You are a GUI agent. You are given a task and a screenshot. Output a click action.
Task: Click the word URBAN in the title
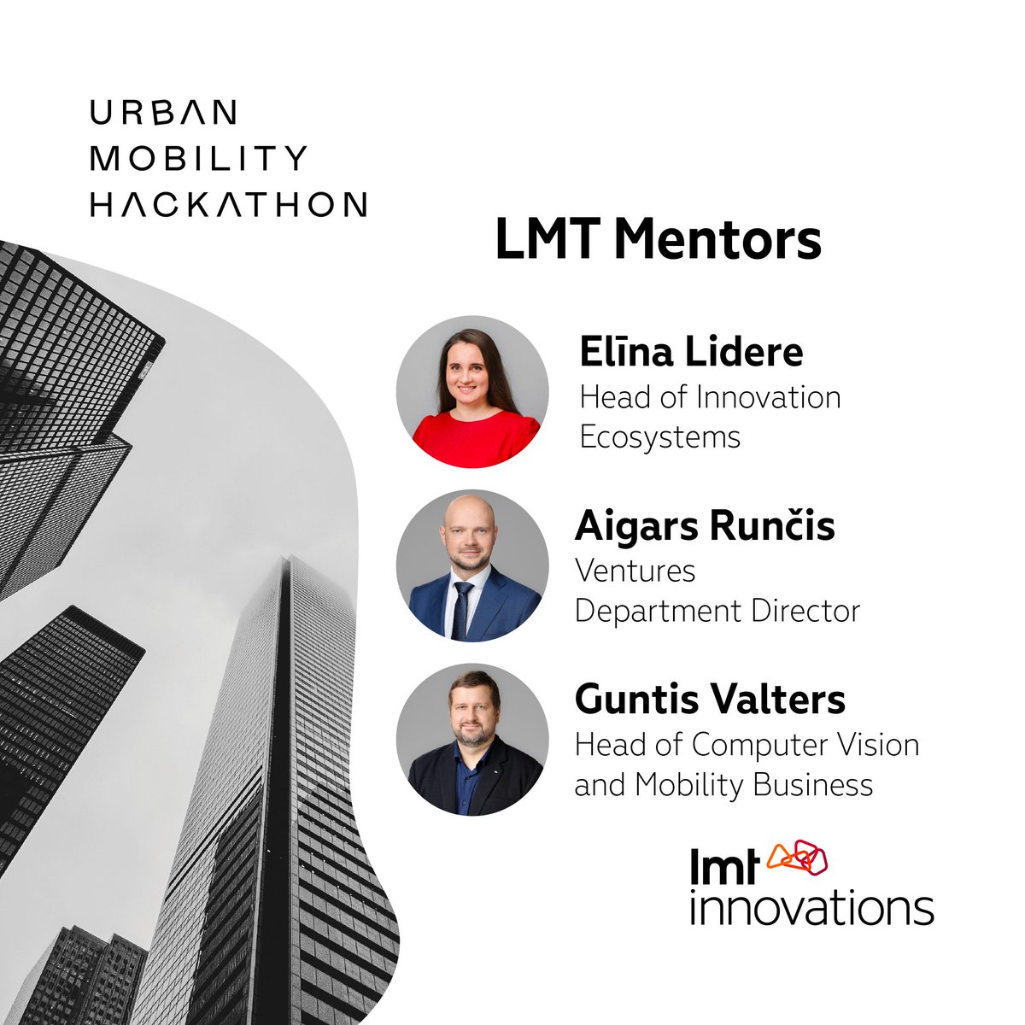tap(163, 112)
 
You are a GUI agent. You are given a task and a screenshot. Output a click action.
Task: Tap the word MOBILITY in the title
tap(198, 158)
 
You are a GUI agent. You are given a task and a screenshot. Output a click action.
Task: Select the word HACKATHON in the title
tap(229, 204)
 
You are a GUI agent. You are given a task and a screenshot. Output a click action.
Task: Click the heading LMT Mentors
tap(658, 240)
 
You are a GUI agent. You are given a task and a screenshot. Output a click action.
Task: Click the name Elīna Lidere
tap(691, 351)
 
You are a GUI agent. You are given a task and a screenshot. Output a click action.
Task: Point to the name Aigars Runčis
tap(705, 526)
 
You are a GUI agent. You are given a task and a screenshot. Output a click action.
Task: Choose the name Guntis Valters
tap(710, 700)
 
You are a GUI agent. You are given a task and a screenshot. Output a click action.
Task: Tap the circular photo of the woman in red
tap(472, 392)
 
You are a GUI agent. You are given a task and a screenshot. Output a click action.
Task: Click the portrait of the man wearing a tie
tap(472, 565)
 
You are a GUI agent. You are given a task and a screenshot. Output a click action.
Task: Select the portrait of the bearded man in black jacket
tap(472, 740)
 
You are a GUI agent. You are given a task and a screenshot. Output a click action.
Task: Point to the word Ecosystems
tap(659, 437)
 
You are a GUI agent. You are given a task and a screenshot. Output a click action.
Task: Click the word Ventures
tap(635, 570)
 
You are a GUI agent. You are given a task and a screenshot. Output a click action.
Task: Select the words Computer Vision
tap(805, 745)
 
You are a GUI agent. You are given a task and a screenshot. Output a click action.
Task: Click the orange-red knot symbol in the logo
tap(798, 857)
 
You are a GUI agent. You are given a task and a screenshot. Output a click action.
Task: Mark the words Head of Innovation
tap(710, 397)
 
